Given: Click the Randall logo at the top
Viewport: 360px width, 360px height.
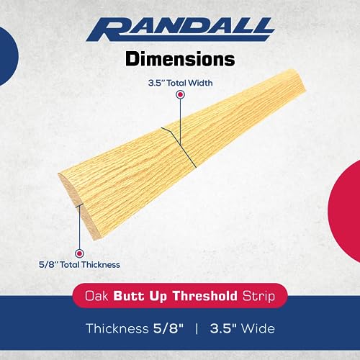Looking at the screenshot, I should pyautogui.click(x=180, y=31).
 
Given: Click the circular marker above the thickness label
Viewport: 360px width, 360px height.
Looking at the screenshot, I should pyautogui.click(x=80, y=253).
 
